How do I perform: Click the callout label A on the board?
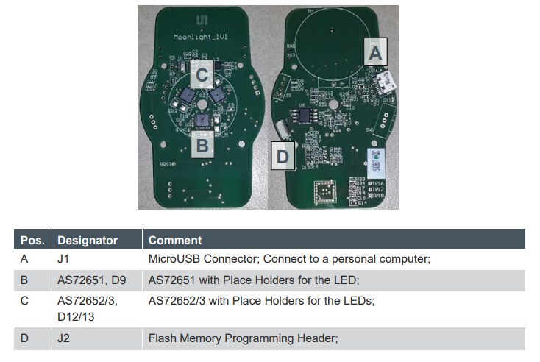click(375, 52)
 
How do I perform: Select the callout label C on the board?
click(203, 74)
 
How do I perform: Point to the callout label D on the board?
click(283, 156)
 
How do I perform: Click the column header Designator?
click(88, 240)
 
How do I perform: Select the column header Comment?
click(175, 240)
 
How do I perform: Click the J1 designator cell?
click(64, 259)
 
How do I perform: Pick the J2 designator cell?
click(64, 338)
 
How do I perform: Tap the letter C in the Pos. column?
click(25, 301)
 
